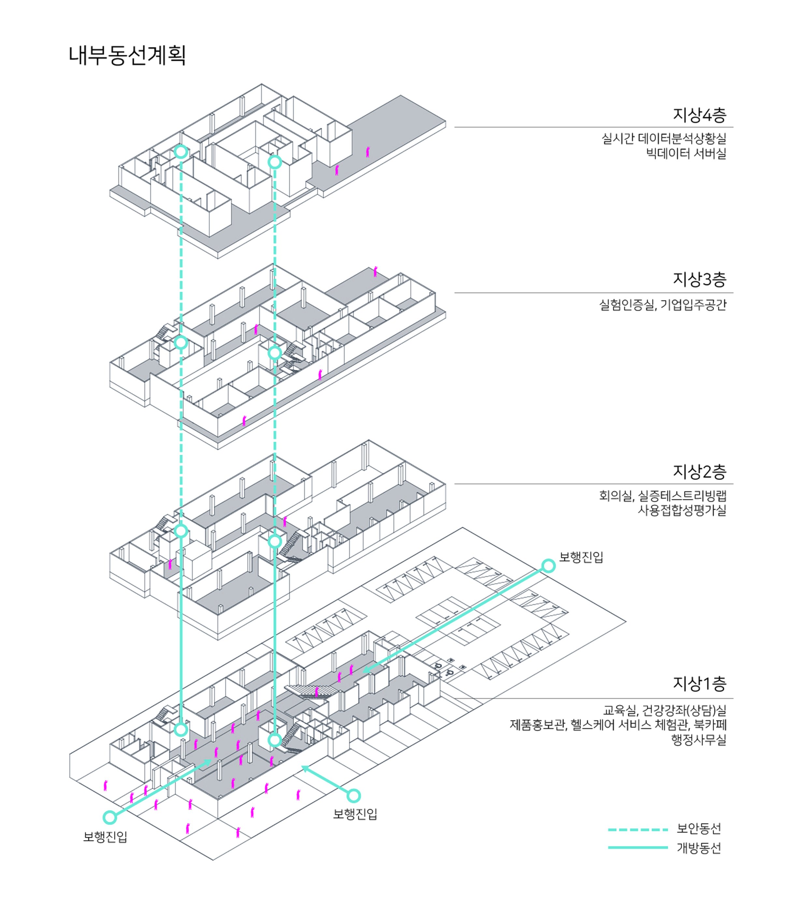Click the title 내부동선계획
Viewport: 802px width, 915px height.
127,55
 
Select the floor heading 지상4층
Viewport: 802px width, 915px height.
699,115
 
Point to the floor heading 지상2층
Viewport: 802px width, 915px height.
699,471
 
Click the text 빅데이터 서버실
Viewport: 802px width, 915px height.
686,153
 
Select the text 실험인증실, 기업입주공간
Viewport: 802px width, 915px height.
662,305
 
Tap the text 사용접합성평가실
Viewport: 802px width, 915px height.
681,510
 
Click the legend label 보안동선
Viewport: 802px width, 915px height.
699,829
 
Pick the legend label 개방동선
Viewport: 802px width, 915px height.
699,848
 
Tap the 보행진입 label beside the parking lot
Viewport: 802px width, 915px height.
581,557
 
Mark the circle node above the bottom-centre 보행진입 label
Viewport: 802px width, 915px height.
353,795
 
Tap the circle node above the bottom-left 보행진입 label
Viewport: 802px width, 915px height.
110,818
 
